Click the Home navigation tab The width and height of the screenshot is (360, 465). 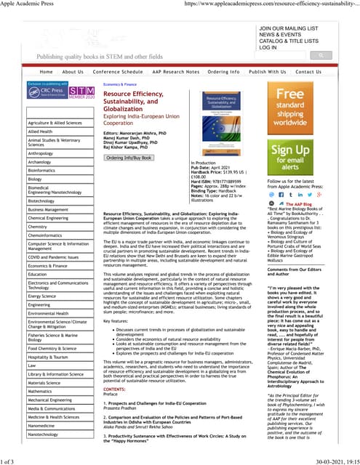pyautogui.click(x=46, y=72)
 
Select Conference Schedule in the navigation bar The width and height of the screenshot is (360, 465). pyautogui.click(x=118, y=72)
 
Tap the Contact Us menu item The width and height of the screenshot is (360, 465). pyautogui.click(x=308, y=72)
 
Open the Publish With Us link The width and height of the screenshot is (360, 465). pyautogui.click(x=267, y=72)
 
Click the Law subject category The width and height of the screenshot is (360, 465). pyautogui.click(x=32, y=365)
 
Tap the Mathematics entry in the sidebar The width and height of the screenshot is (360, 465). pyautogui.click(x=40, y=391)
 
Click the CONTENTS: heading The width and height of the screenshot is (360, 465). pyautogui.click(x=114, y=389)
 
